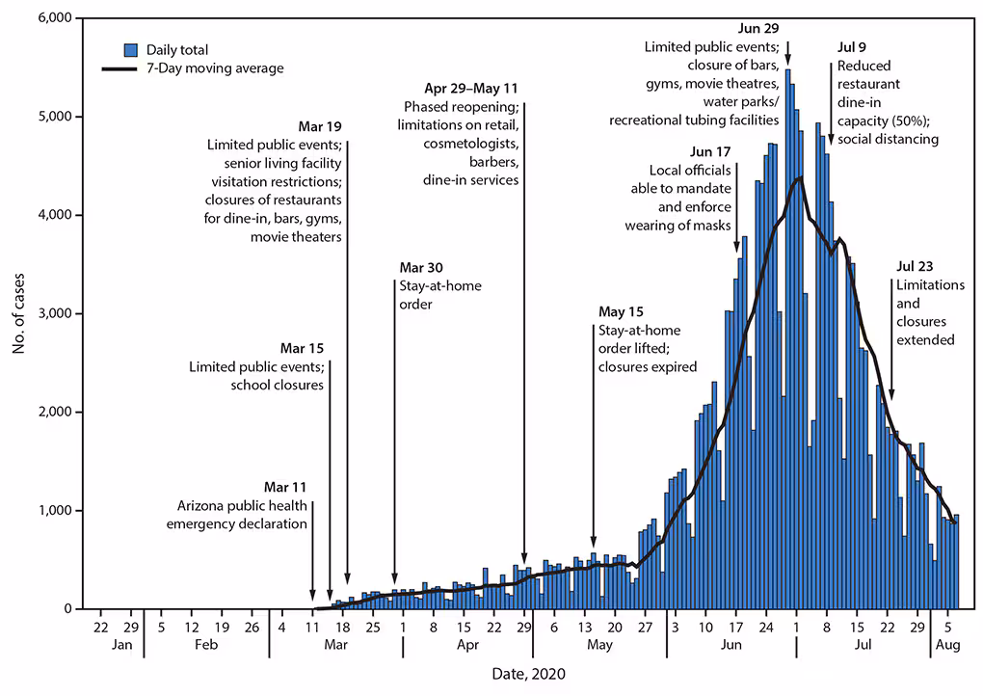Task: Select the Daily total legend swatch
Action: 131,49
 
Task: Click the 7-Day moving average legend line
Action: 121,68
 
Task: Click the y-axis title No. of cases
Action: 18,313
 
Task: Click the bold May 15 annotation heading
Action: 622,312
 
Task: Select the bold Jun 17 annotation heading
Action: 711,152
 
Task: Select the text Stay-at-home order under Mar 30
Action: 439,294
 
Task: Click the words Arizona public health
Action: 242,506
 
